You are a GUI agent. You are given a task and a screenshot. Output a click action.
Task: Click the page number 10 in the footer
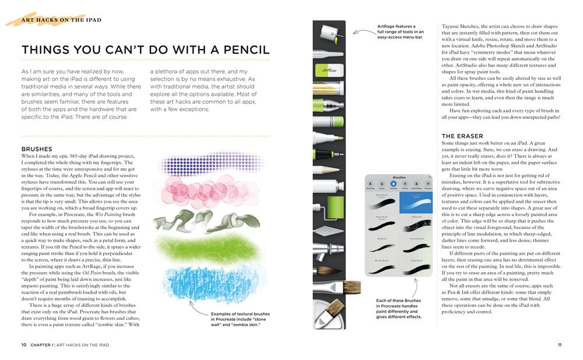24,345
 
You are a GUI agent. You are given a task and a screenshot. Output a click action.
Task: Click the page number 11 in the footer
559,345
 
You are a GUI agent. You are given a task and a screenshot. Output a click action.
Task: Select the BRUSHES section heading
37,149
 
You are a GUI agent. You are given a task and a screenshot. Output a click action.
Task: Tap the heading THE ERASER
462,136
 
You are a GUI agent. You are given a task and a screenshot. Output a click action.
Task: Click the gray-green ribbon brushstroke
201,223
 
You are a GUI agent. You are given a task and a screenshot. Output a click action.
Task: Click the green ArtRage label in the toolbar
329,70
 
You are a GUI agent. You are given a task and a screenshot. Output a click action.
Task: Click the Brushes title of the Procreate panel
399,177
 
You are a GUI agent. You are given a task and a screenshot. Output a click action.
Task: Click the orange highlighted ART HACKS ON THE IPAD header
61,20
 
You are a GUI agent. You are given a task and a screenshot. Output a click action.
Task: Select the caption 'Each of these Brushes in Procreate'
398,309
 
